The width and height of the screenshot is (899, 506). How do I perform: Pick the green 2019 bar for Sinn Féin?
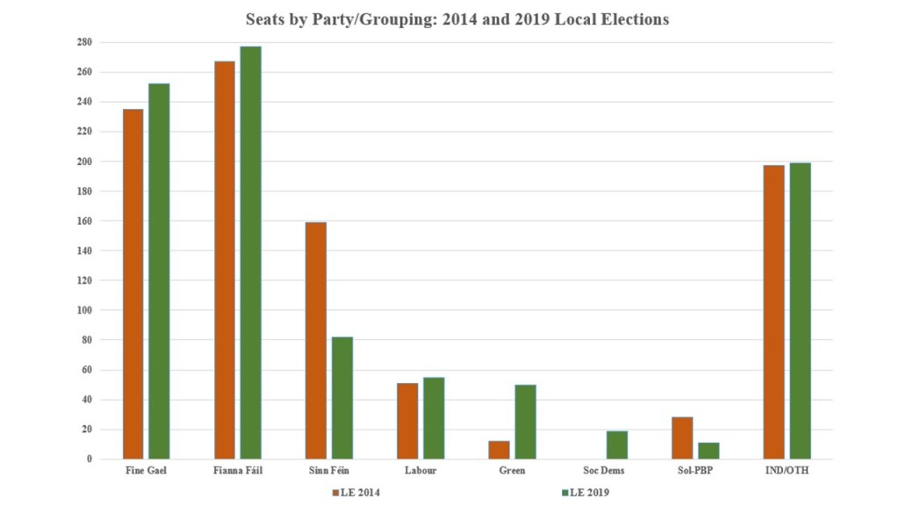pos(342,398)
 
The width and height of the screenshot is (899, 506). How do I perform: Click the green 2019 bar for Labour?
pos(434,418)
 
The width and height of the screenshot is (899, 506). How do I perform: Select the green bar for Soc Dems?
pos(617,445)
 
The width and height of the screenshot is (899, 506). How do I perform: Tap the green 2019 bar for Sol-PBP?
pos(708,451)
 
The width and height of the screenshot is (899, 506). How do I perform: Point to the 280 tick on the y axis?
pos(84,42)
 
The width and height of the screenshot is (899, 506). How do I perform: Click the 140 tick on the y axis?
pos(84,250)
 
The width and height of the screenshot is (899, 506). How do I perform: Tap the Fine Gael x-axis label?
pos(146,472)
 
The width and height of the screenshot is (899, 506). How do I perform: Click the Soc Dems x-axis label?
pos(604,472)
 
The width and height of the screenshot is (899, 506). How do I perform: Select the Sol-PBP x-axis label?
pos(695,472)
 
